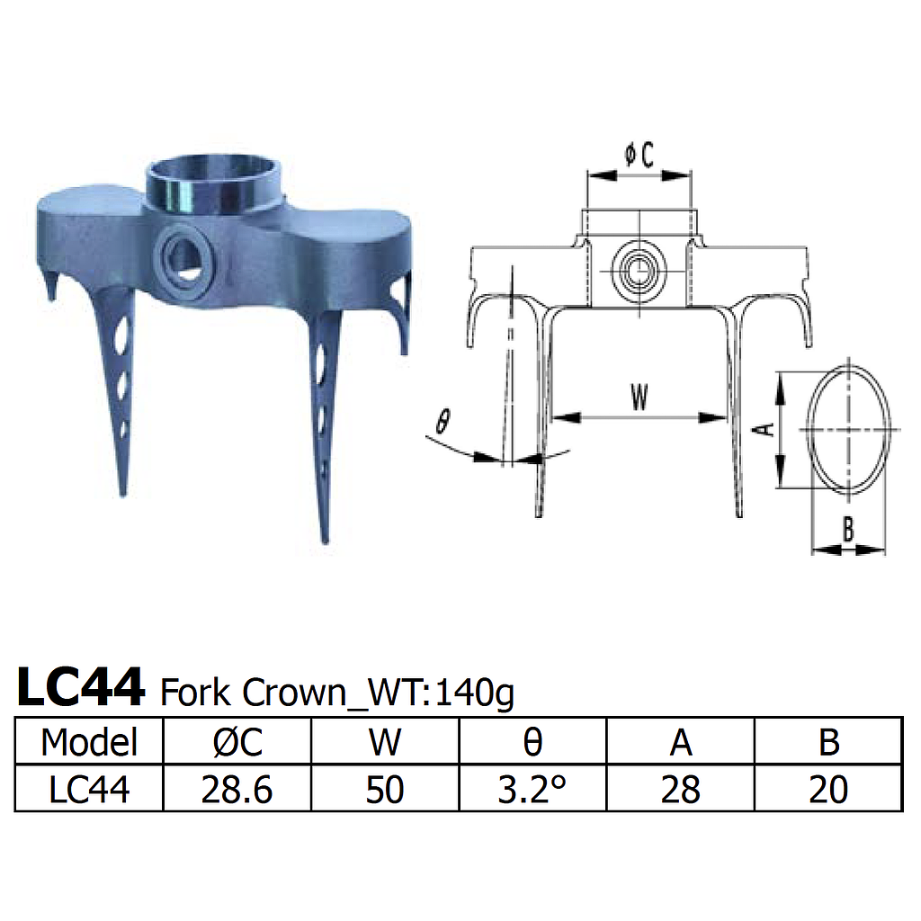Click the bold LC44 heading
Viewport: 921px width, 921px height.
[81, 688]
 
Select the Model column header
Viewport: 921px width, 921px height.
[89, 743]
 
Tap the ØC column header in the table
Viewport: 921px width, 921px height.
[237, 743]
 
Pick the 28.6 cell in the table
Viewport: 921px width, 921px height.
[237, 789]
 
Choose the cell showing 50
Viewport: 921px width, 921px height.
[385, 789]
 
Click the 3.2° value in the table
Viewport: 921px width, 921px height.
[532, 789]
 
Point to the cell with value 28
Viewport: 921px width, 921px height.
[681, 789]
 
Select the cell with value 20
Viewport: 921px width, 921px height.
[828, 789]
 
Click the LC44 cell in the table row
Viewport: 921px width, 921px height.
[89, 789]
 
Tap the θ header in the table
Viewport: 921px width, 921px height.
[532, 743]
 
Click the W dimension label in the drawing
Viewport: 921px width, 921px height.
[639, 398]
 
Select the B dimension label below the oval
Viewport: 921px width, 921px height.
[848, 531]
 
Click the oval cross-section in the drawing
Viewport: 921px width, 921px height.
[848, 430]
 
